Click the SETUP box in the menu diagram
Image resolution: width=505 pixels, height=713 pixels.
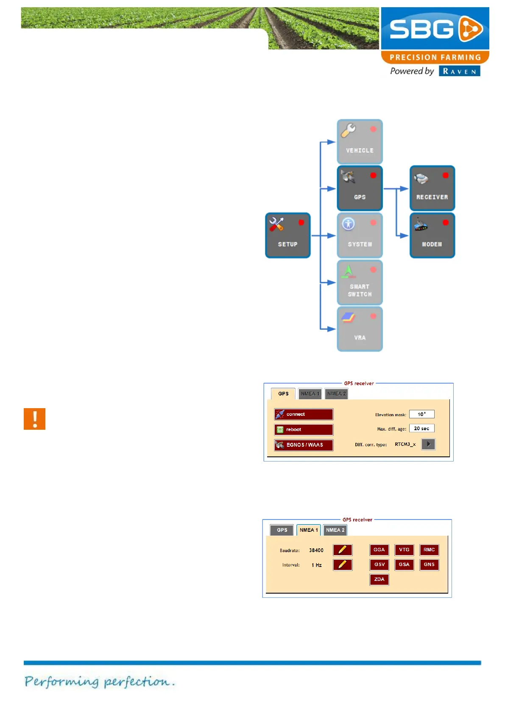coord(287,235)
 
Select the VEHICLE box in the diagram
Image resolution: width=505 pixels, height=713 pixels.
coord(360,142)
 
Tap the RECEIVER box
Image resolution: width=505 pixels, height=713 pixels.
coord(432,188)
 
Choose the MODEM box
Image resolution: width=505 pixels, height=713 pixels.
coord(432,235)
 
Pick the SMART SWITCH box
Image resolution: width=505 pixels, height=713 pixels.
coord(360,282)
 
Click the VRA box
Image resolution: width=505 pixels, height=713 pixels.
coord(360,329)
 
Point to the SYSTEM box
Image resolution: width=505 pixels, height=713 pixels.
coord(360,235)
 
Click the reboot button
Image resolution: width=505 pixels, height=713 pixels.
coord(304,430)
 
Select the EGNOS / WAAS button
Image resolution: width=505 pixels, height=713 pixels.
coord(304,445)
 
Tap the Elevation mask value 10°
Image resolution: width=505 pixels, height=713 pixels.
coord(421,415)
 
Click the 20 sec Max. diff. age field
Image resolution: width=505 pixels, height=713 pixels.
coord(421,428)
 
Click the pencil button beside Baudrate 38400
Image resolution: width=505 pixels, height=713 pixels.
coord(343,550)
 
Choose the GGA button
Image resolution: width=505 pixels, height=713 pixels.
coord(379,550)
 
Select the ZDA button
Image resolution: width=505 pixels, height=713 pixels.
coord(379,580)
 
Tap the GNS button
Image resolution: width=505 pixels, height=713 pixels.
coord(429,565)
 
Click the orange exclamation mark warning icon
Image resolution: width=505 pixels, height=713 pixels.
coord(34,419)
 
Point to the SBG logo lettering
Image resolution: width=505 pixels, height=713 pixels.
coord(421,29)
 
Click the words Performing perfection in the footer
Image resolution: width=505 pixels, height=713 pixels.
coord(99,682)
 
